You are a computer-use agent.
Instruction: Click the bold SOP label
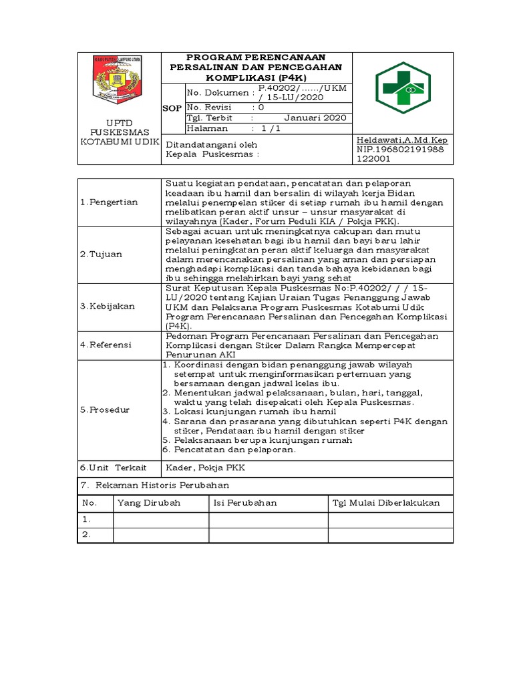coord(172,108)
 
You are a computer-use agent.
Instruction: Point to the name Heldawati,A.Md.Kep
coord(402,140)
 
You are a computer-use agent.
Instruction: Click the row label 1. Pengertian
coord(108,202)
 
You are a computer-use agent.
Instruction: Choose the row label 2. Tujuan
coord(101,254)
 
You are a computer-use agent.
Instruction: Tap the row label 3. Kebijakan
coord(107,306)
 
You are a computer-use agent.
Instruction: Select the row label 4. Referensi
coord(106,345)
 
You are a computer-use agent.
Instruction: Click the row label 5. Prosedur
coord(105,409)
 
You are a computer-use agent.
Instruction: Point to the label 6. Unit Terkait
coord(113,468)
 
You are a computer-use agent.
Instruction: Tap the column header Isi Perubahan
coord(245,503)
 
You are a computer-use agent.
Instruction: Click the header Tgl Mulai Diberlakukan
coord(385,503)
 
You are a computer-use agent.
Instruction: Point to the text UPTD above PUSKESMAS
coord(120,123)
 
